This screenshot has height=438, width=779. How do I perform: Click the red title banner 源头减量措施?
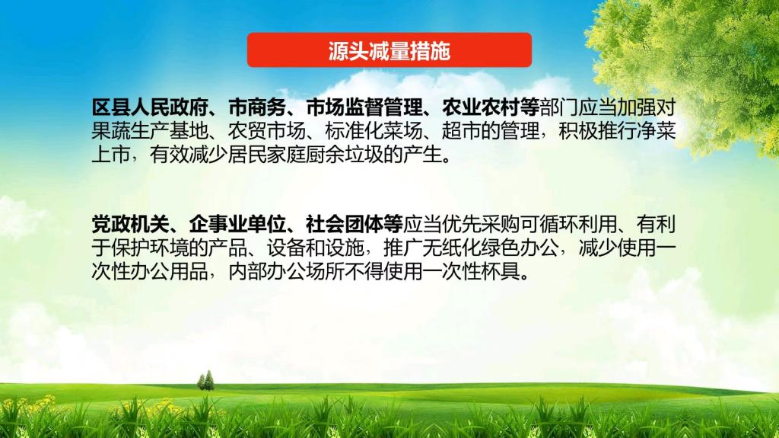[x=389, y=50]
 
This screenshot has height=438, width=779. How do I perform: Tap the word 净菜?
[x=657, y=131]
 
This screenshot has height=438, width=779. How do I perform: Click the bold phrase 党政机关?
[x=131, y=225]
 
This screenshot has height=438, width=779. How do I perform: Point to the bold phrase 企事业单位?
[x=237, y=225]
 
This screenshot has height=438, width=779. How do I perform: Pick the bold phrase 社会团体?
[x=345, y=225]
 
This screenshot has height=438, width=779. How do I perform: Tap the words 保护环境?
[x=150, y=248]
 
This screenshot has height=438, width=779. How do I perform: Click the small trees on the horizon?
[x=205, y=380]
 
